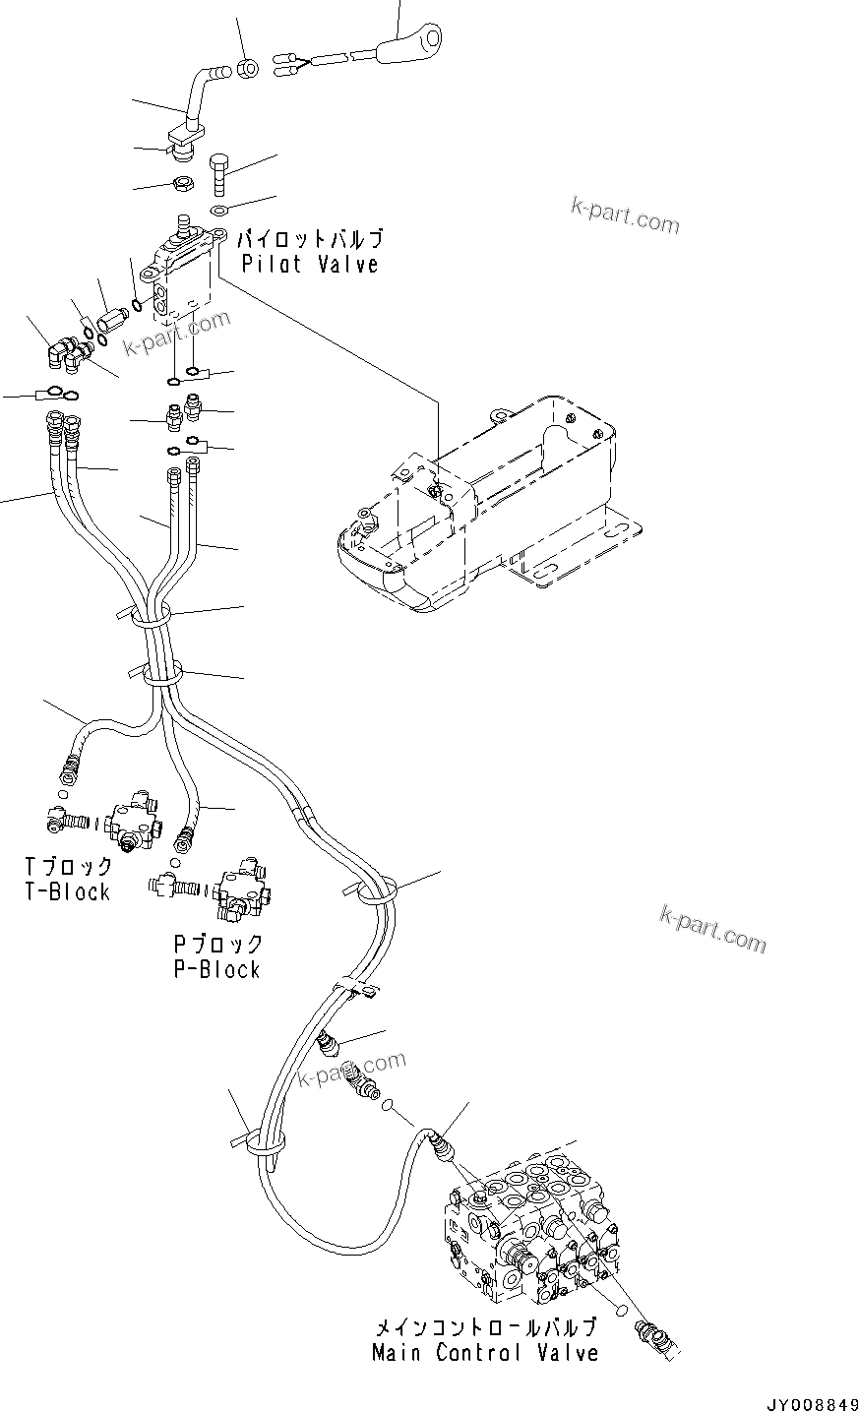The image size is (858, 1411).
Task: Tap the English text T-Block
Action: pos(67,892)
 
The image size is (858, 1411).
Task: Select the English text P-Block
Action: pos(216,969)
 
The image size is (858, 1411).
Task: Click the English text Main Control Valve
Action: pos(485,1353)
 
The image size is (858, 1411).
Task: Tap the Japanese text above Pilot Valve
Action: pos(310,239)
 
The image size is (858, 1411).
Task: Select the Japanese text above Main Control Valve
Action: pos(484,1327)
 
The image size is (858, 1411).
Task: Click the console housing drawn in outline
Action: pos(482,502)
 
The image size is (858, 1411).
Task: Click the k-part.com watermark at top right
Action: pos(625,215)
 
